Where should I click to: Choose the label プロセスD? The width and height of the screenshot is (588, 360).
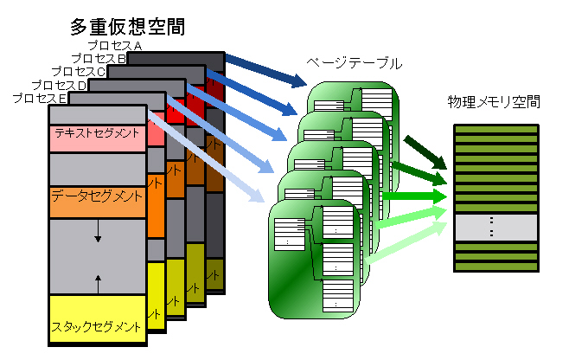click(x=59, y=85)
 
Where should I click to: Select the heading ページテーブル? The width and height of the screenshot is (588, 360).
click(x=355, y=64)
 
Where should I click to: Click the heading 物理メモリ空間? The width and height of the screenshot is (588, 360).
click(x=494, y=103)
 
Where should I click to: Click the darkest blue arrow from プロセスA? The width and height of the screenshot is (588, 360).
click(x=267, y=73)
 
